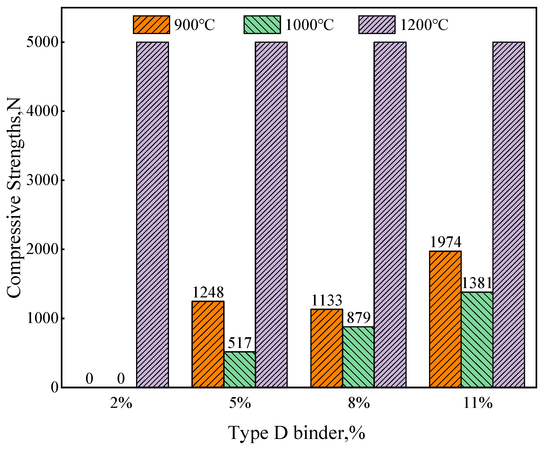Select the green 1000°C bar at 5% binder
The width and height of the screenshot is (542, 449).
(239, 369)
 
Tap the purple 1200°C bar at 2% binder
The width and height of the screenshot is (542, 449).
(153, 214)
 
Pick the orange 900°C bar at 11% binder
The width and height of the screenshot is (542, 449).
(445, 319)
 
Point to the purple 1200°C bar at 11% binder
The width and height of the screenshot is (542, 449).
(509, 214)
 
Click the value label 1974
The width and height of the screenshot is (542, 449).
(445, 242)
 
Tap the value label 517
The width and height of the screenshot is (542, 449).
(239, 343)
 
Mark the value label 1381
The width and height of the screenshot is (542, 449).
(477, 283)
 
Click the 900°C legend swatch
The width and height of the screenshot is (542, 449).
(151, 25)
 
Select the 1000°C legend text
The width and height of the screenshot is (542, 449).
(309, 25)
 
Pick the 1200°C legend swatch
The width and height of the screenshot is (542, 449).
(377, 25)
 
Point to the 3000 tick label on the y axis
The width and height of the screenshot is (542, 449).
(42, 180)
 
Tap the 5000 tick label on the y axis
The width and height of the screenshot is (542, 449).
(42, 42)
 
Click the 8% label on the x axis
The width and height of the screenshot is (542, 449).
(359, 403)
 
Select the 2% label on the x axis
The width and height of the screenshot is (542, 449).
(121, 403)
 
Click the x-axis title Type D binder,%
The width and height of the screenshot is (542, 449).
(297, 433)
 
